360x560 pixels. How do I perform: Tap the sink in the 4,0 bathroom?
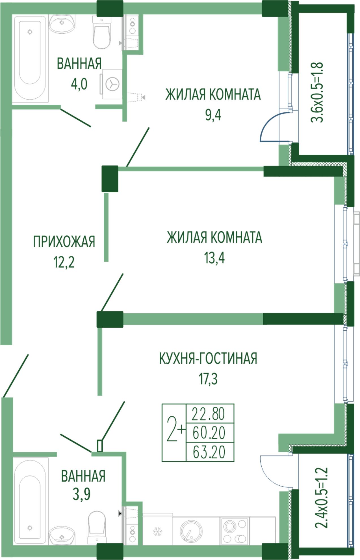(x=62, y=23)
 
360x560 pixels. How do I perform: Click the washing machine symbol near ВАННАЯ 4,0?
(x=112, y=84)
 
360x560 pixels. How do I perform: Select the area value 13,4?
(x=214, y=258)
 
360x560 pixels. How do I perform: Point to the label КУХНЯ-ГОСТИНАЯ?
(x=208, y=358)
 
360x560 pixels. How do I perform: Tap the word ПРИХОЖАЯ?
(x=64, y=242)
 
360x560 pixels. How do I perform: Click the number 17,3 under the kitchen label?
(x=208, y=379)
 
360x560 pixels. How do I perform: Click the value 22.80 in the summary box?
(x=209, y=414)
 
